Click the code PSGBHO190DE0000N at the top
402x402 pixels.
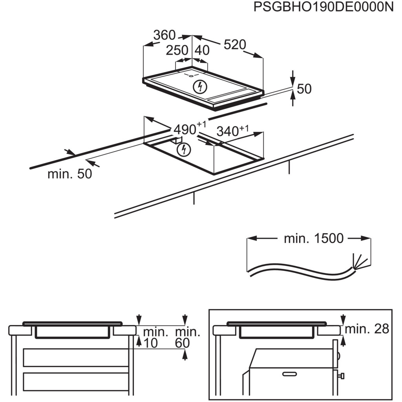click(323, 7)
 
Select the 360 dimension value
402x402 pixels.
click(164, 35)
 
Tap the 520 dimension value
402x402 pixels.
click(234, 45)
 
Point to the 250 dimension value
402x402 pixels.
click(177, 51)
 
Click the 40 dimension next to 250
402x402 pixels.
click(202, 51)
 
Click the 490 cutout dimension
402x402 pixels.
click(185, 130)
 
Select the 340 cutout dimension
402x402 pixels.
click(228, 132)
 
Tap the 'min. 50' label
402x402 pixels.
click(69, 174)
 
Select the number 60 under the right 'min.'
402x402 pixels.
click(182, 344)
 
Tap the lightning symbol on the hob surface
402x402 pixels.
click(200, 86)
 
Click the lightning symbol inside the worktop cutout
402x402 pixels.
click(183, 149)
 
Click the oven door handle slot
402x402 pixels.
click(289, 373)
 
